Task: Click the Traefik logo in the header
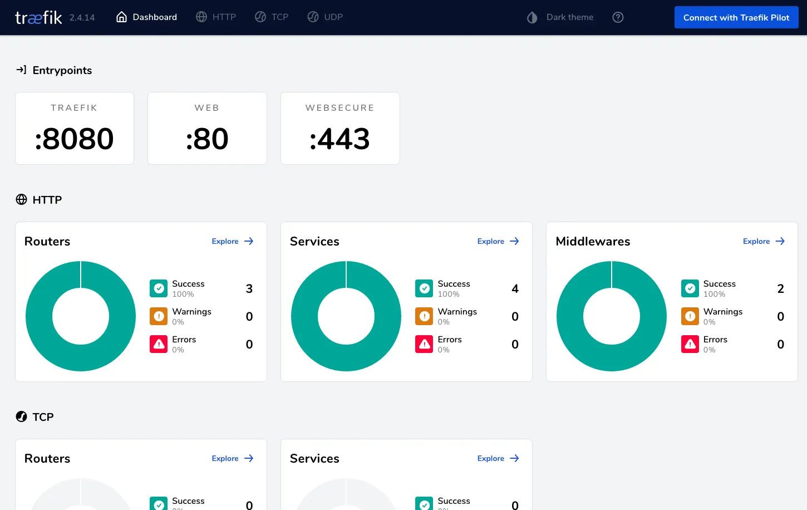click(38, 18)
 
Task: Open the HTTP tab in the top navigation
click(216, 17)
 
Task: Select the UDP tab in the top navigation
click(325, 17)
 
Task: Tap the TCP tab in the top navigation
click(272, 17)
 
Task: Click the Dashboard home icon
click(121, 17)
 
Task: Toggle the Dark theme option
click(560, 17)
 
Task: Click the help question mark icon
click(618, 17)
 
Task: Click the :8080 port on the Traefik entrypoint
click(75, 139)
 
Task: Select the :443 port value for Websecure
click(340, 139)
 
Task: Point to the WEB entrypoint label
click(207, 108)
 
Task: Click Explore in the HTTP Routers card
click(232, 241)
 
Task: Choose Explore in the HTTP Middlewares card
click(763, 241)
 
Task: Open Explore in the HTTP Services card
click(498, 241)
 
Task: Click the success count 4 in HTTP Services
click(515, 288)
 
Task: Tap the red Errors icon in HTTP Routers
click(159, 344)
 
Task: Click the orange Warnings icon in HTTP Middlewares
click(690, 316)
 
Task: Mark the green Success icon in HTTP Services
click(424, 288)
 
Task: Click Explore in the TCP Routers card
click(232, 458)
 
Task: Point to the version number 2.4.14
click(82, 18)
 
